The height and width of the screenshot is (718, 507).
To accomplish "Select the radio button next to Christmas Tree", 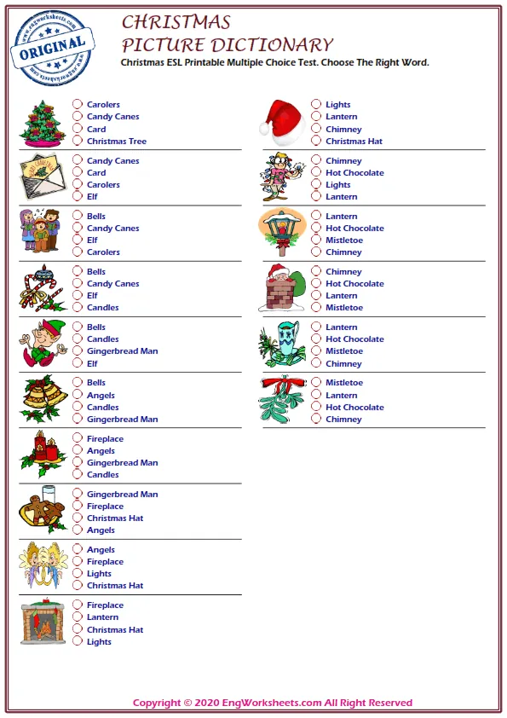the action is [78, 142].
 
